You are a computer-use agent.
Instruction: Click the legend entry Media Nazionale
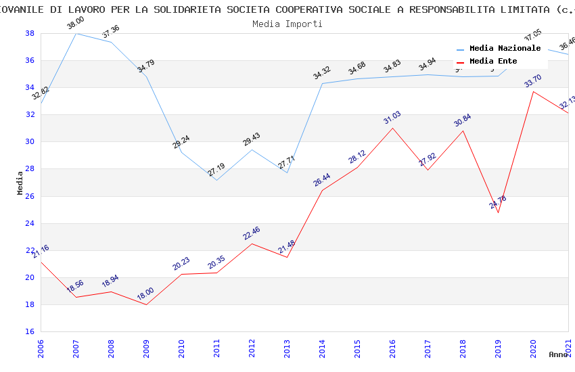[505, 49]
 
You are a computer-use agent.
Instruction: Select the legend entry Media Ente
[493, 62]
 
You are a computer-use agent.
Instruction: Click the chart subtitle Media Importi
[287, 24]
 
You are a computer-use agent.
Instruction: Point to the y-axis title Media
[20, 183]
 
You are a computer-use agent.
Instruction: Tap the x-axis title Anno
[558, 354]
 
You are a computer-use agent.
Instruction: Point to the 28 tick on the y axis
[30, 169]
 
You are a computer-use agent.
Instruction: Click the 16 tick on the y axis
[30, 332]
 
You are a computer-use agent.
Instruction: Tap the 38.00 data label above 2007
[75, 24]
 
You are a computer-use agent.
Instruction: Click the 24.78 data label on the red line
[497, 202]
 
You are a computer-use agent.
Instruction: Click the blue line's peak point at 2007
[76, 33]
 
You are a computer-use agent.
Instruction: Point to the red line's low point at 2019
[498, 212]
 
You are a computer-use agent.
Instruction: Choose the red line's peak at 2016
[392, 128]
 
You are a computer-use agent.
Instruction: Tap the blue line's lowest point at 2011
[216, 180]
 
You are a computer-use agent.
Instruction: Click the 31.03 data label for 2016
[392, 119]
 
